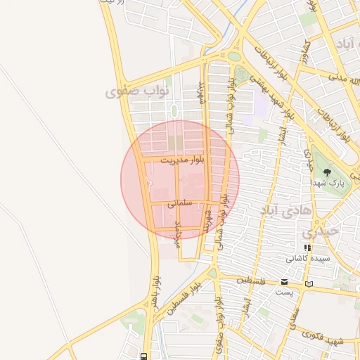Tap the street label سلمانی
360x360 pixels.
(180, 203)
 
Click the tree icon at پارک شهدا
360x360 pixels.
(326, 172)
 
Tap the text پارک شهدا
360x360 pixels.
(329, 183)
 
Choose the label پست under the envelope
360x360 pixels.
(284, 292)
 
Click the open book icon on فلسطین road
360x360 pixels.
(309, 284)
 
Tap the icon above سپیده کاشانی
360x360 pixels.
(307, 247)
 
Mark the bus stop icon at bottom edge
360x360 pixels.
(143, 356)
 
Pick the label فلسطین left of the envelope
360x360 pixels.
(252, 281)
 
